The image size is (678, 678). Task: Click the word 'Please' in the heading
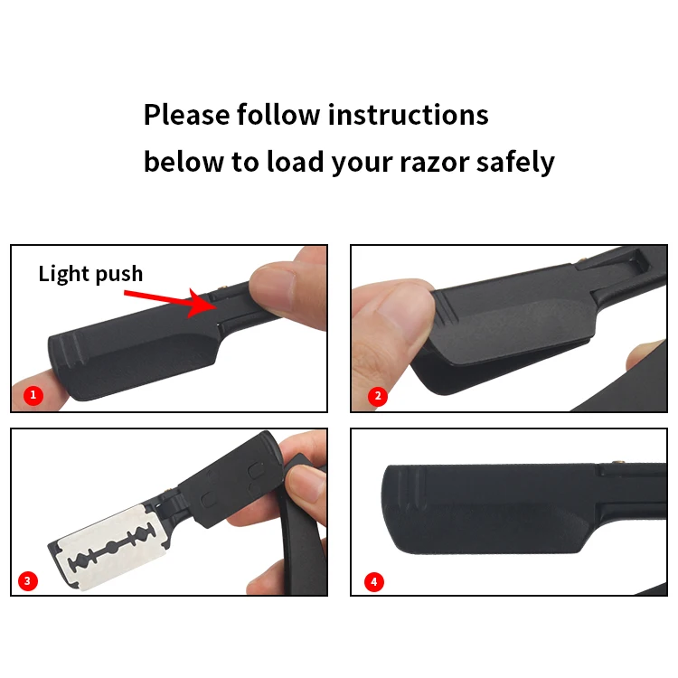tap(186, 115)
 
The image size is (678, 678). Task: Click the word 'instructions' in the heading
tap(408, 115)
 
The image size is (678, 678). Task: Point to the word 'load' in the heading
tap(288, 163)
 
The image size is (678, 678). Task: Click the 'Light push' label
tap(90, 273)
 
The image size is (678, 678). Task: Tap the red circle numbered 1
tap(33, 395)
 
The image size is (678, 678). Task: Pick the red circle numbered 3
tap(30, 581)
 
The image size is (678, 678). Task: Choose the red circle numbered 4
tap(374, 581)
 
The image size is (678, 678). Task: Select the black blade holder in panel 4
tap(488, 511)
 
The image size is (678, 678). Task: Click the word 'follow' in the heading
tap(278, 115)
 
